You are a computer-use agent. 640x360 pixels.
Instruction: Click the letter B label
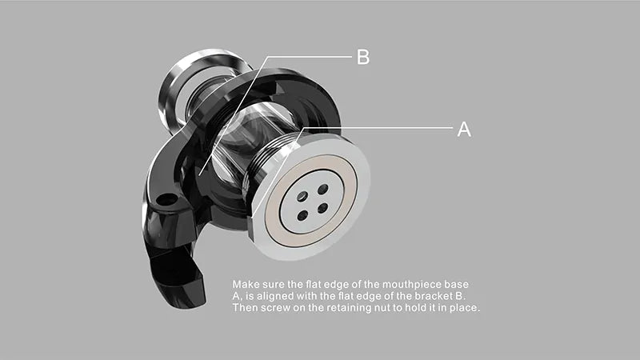coord(363,57)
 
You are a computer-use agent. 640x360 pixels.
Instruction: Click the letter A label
coord(464,130)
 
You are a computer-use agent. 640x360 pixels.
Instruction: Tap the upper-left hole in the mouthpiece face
coord(302,196)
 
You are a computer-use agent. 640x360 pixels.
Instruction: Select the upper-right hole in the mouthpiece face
coord(323,189)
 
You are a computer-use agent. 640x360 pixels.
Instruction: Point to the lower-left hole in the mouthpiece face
coord(303,215)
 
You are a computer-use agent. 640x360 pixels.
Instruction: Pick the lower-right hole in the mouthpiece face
coord(322,208)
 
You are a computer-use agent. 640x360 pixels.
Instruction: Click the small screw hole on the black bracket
coord(166,201)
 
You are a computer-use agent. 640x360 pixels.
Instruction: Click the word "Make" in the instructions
coord(246,284)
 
